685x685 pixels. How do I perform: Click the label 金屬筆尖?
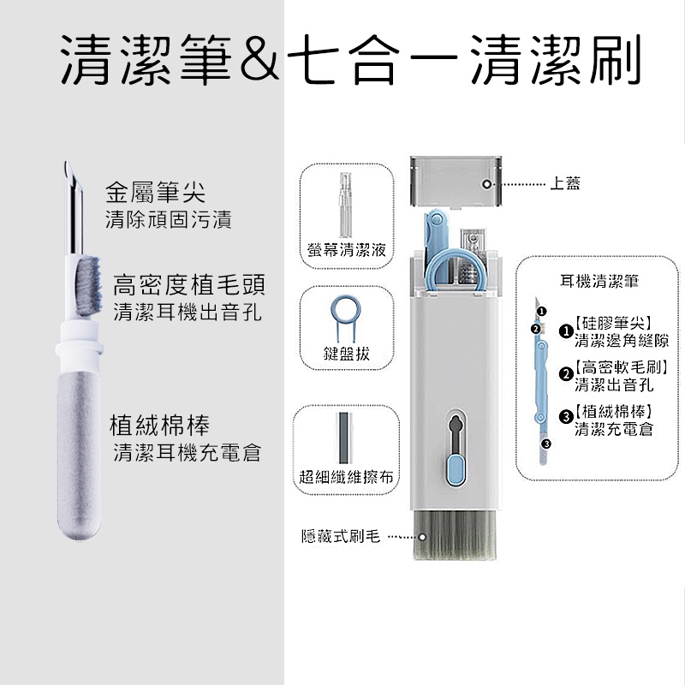coord(155,192)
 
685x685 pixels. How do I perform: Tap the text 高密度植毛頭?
coord(188,285)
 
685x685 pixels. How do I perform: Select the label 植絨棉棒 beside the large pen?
coord(159,425)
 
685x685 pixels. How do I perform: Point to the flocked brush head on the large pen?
coord(89,287)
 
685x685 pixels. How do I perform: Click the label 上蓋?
coord(565,183)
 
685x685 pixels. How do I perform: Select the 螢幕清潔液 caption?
coord(347,250)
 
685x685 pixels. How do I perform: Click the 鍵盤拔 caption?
coord(347,354)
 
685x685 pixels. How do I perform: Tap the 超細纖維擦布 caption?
coord(346,477)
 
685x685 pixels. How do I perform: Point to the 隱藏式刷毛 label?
coord(341,536)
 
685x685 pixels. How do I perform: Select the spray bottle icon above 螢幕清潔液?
coord(346,205)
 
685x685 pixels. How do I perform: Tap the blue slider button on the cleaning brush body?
coord(456,470)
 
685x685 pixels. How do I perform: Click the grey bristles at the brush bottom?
coord(455,535)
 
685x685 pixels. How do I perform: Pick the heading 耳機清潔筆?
coord(599,281)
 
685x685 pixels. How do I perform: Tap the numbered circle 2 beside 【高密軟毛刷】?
coord(566,374)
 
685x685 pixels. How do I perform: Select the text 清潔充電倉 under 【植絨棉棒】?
coord(614,429)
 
